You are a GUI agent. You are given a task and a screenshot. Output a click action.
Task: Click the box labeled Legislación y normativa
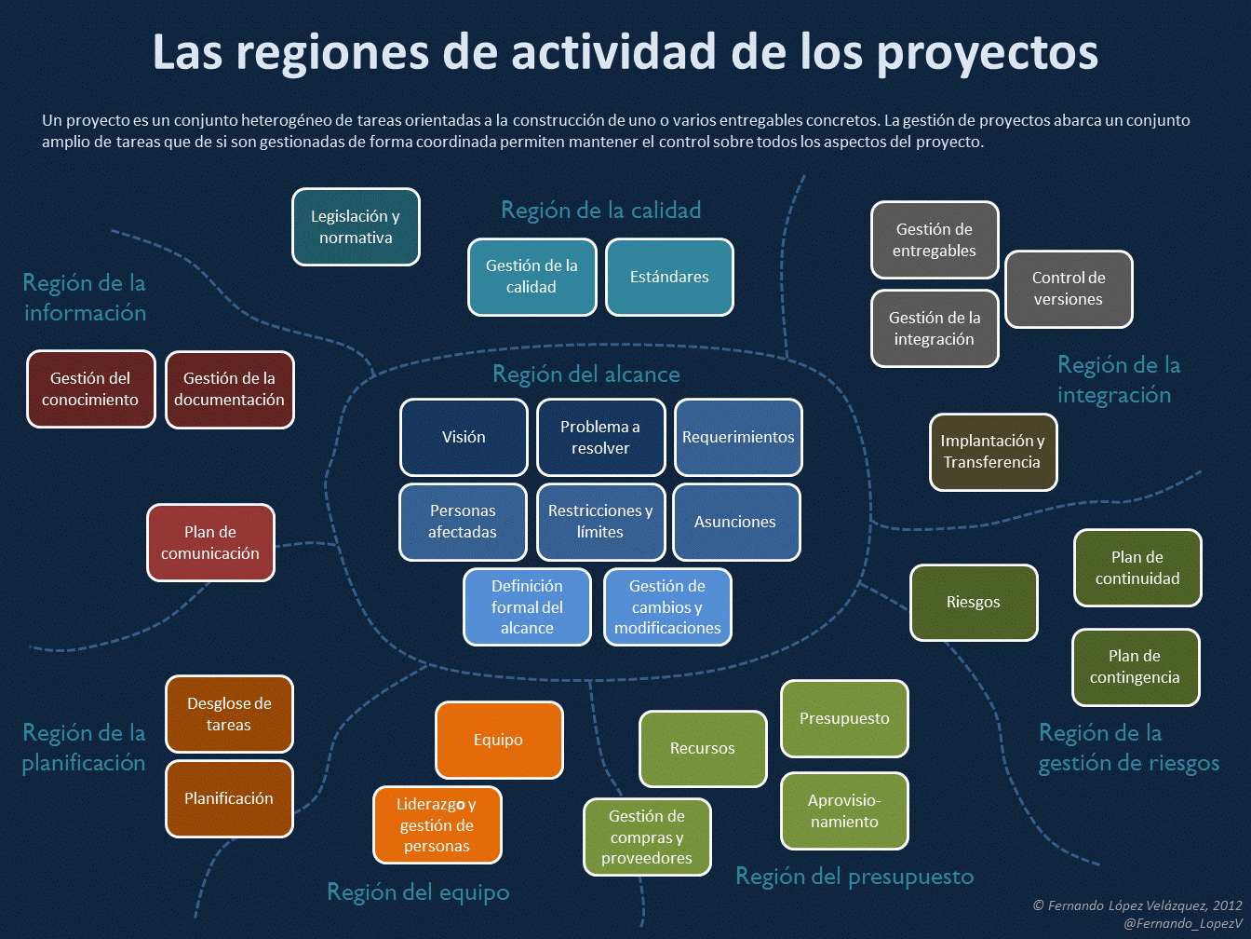(356, 227)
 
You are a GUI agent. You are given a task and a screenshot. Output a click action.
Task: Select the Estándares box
(669, 278)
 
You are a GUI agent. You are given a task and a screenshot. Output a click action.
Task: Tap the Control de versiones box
(1069, 289)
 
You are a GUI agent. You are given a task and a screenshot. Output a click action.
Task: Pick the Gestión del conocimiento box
(90, 389)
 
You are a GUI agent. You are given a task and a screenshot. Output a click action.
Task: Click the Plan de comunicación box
(210, 543)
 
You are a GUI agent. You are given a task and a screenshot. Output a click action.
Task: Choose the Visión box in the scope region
(464, 438)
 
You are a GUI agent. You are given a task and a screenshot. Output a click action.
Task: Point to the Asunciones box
(735, 523)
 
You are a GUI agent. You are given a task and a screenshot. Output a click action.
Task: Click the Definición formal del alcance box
(527, 607)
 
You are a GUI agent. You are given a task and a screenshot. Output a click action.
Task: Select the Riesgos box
(974, 603)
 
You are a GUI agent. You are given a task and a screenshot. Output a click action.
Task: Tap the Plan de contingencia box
(1135, 667)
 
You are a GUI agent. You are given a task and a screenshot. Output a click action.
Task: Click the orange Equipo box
(499, 741)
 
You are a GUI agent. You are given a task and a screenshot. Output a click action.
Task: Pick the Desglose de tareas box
(229, 714)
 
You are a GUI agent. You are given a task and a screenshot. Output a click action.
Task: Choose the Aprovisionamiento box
(844, 811)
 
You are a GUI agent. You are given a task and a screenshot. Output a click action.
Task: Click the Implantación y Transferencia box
(992, 452)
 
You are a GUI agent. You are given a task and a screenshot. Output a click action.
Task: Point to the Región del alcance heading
(585, 374)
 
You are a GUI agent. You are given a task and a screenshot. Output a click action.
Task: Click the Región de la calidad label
(600, 211)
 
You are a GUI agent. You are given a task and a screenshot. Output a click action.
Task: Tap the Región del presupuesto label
(854, 877)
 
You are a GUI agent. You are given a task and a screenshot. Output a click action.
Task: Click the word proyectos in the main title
(988, 52)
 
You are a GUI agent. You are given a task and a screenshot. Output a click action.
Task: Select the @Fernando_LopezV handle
(1182, 923)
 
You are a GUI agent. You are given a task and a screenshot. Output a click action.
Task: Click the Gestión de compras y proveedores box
(647, 837)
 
